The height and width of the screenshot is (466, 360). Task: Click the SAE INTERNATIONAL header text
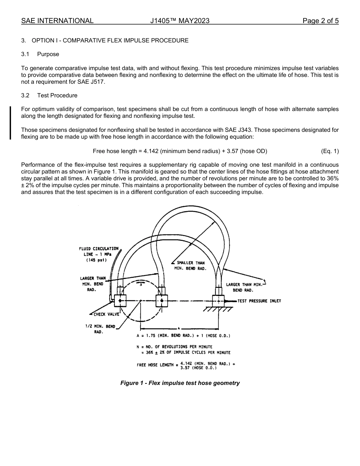[x=57, y=21]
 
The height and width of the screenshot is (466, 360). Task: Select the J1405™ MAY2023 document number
[x=180, y=21]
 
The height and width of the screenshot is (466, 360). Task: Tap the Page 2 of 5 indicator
[x=320, y=21]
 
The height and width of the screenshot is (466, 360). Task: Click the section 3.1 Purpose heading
[x=40, y=54]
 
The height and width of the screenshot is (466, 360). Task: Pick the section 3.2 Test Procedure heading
[x=49, y=95]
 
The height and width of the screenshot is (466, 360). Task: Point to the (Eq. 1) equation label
[x=329, y=151]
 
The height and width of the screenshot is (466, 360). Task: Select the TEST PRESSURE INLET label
[x=259, y=301]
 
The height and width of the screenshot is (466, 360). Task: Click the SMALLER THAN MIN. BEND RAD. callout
[x=190, y=266]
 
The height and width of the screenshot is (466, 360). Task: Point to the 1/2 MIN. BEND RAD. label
[x=100, y=329]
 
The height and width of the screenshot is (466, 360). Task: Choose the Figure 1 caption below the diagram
[x=180, y=383]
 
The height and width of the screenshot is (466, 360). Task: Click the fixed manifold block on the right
[x=218, y=301]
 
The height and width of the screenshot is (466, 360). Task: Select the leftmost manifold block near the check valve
[x=120, y=301]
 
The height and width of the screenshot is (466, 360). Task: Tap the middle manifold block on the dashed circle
[x=162, y=301]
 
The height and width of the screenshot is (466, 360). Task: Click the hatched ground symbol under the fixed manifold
[x=218, y=309]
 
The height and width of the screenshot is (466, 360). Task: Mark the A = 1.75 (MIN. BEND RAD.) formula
[x=183, y=336]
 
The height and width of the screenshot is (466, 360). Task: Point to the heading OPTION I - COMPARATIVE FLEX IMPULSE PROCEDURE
[x=110, y=40]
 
